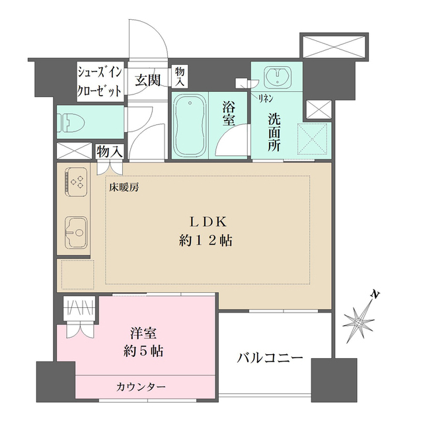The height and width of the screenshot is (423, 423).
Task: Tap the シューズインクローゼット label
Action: point(100,81)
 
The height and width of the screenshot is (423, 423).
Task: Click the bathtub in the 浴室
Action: point(190,125)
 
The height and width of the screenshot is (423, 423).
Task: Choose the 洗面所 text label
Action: point(274,132)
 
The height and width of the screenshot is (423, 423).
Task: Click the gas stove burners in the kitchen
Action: point(77,180)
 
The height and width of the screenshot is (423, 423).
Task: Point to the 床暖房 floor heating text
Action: point(124,187)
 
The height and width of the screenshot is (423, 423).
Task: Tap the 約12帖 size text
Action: point(210,241)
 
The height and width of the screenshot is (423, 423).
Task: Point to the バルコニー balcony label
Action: point(270,358)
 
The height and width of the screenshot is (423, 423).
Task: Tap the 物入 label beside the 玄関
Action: point(179,76)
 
